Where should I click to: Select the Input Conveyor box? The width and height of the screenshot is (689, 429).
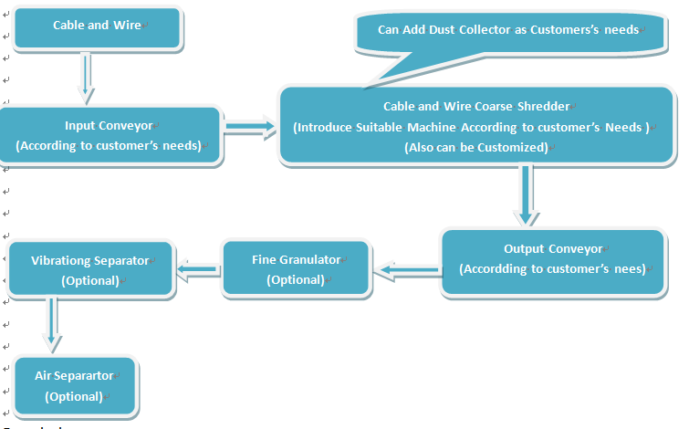pyautogui.click(x=110, y=135)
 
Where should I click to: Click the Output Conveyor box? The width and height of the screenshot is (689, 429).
pyautogui.click(x=553, y=259)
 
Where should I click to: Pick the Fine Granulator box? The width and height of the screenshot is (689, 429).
pyautogui.click(x=296, y=269)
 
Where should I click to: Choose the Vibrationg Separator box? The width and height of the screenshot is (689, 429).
pyautogui.click(x=89, y=269)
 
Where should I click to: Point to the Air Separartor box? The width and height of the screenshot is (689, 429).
pyautogui.click(x=75, y=386)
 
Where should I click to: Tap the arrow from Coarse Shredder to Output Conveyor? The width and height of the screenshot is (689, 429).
pyautogui.click(x=525, y=194)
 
